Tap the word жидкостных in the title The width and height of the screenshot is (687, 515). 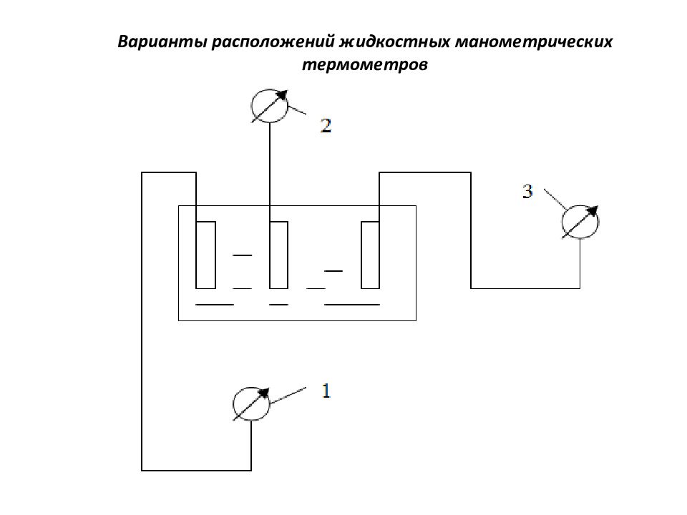click(395, 42)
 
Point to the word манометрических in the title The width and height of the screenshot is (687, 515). click(534, 43)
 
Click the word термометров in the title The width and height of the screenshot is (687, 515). click(365, 65)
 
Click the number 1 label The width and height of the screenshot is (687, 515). click(326, 391)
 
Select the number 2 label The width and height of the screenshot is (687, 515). click(326, 126)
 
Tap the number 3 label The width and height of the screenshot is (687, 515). click(527, 192)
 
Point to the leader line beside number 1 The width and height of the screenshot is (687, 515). click(288, 396)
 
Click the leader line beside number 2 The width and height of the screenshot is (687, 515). click(297, 110)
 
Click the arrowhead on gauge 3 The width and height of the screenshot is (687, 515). click(593, 211)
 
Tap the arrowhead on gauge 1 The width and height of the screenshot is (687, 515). click(264, 393)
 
